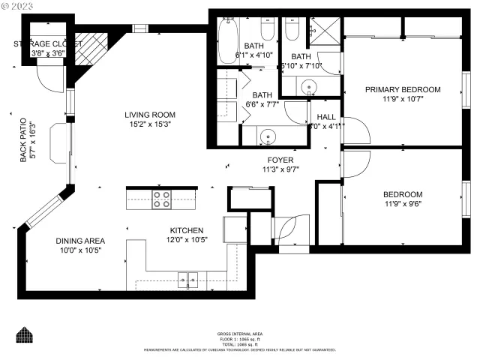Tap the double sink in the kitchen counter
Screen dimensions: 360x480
pos(187,281)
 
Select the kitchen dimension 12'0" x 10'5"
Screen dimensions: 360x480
pos(187,240)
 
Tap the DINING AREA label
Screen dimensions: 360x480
pos(80,241)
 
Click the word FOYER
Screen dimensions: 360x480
pos(280,160)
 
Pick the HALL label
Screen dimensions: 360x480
pos(326,117)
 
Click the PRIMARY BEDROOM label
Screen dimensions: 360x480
pos(403,89)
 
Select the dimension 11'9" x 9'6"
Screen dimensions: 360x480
pos(403,203)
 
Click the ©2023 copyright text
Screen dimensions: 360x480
pos(19,6)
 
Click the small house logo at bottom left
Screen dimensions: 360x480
pos(25,334)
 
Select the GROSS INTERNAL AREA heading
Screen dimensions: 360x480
pos(240,334)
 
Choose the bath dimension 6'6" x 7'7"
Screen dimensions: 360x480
pos(262,105)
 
